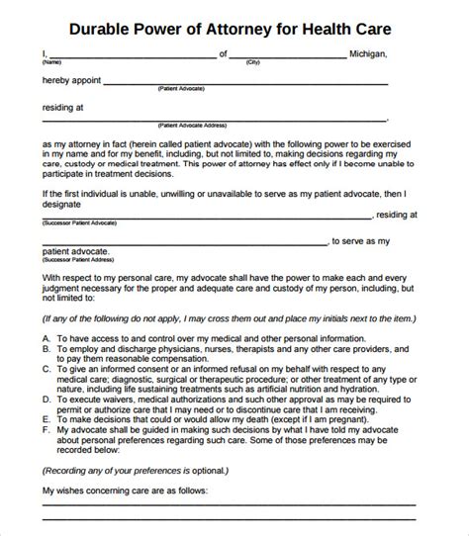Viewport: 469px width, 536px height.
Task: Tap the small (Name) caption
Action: click(x=49, y=62)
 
